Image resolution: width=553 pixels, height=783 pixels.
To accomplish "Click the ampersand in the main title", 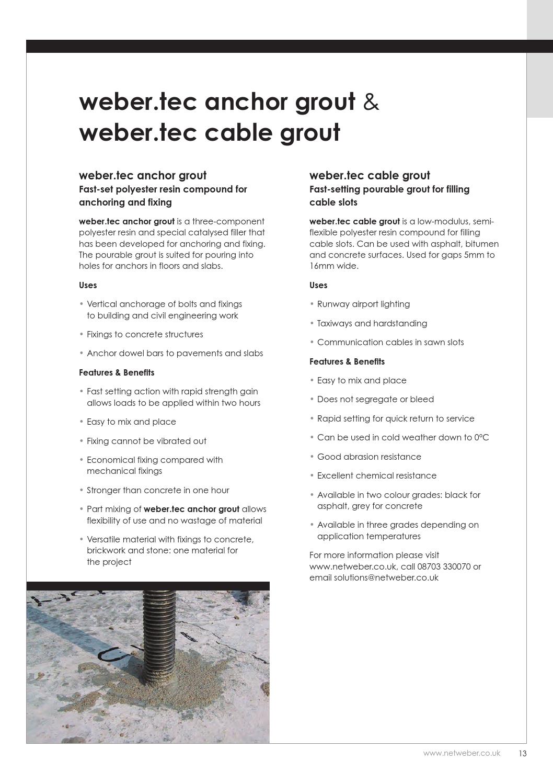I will click(371, 102).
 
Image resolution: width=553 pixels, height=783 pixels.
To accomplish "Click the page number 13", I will click(523, 754).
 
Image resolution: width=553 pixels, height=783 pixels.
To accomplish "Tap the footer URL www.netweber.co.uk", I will click(462, 753).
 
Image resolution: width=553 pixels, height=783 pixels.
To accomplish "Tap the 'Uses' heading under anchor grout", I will click(88, 285).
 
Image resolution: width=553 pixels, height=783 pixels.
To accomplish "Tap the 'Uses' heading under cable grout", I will click(318, 285).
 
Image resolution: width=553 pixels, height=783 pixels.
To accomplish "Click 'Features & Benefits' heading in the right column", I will click(347, 361).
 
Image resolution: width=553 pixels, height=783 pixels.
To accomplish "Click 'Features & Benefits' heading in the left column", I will click(117, 372).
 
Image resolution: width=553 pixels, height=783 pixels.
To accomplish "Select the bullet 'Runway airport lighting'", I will click(363, 304).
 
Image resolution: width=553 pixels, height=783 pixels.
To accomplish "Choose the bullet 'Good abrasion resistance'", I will click(369, 457).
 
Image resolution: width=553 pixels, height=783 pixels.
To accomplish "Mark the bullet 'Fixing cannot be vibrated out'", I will click(146, 441).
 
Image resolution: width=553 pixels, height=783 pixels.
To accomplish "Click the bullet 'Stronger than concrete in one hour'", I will click(158, 490).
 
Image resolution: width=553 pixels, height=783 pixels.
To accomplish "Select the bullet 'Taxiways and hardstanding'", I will click(372, 323).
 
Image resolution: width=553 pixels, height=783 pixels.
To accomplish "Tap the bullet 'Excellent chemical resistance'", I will click(376, 475).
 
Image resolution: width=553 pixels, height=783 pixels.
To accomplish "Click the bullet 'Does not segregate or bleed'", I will click(375, 399).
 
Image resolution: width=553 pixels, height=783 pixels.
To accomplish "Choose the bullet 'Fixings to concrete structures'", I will click(145, 334).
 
